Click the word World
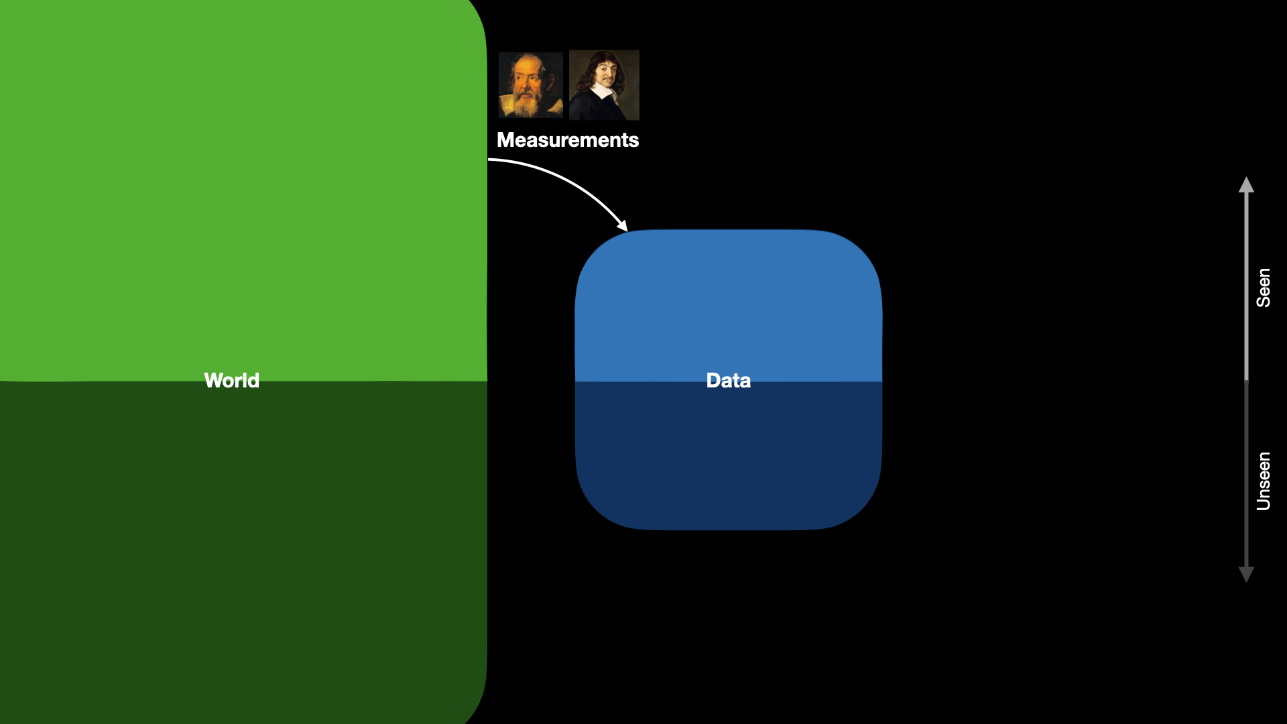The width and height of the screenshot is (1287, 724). tap(231, 380)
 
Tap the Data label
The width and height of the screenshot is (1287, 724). tap(728, 380)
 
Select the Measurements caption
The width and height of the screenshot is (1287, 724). tap(568, 139)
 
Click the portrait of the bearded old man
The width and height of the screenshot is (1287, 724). tap(530, 85)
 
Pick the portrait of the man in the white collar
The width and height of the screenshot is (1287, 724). tap(604, 85)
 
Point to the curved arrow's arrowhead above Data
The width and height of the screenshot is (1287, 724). tap(623, 226)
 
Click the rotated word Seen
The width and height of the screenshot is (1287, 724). tap(1264, 288)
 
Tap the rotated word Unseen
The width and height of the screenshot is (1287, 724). tap(1264, 481)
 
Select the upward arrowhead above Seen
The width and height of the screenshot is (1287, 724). tap(1246, 184)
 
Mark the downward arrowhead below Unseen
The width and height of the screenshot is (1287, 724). tap(1246, 575)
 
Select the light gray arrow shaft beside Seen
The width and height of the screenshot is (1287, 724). tap(1246, 286)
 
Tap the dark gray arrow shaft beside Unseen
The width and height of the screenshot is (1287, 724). tap(1246, 474)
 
